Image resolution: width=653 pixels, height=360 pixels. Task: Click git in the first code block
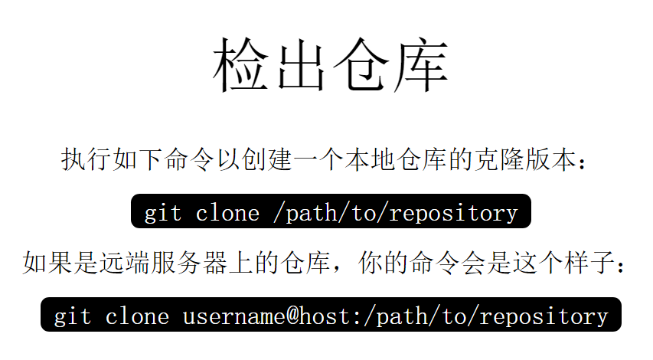[x=163, y=212]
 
